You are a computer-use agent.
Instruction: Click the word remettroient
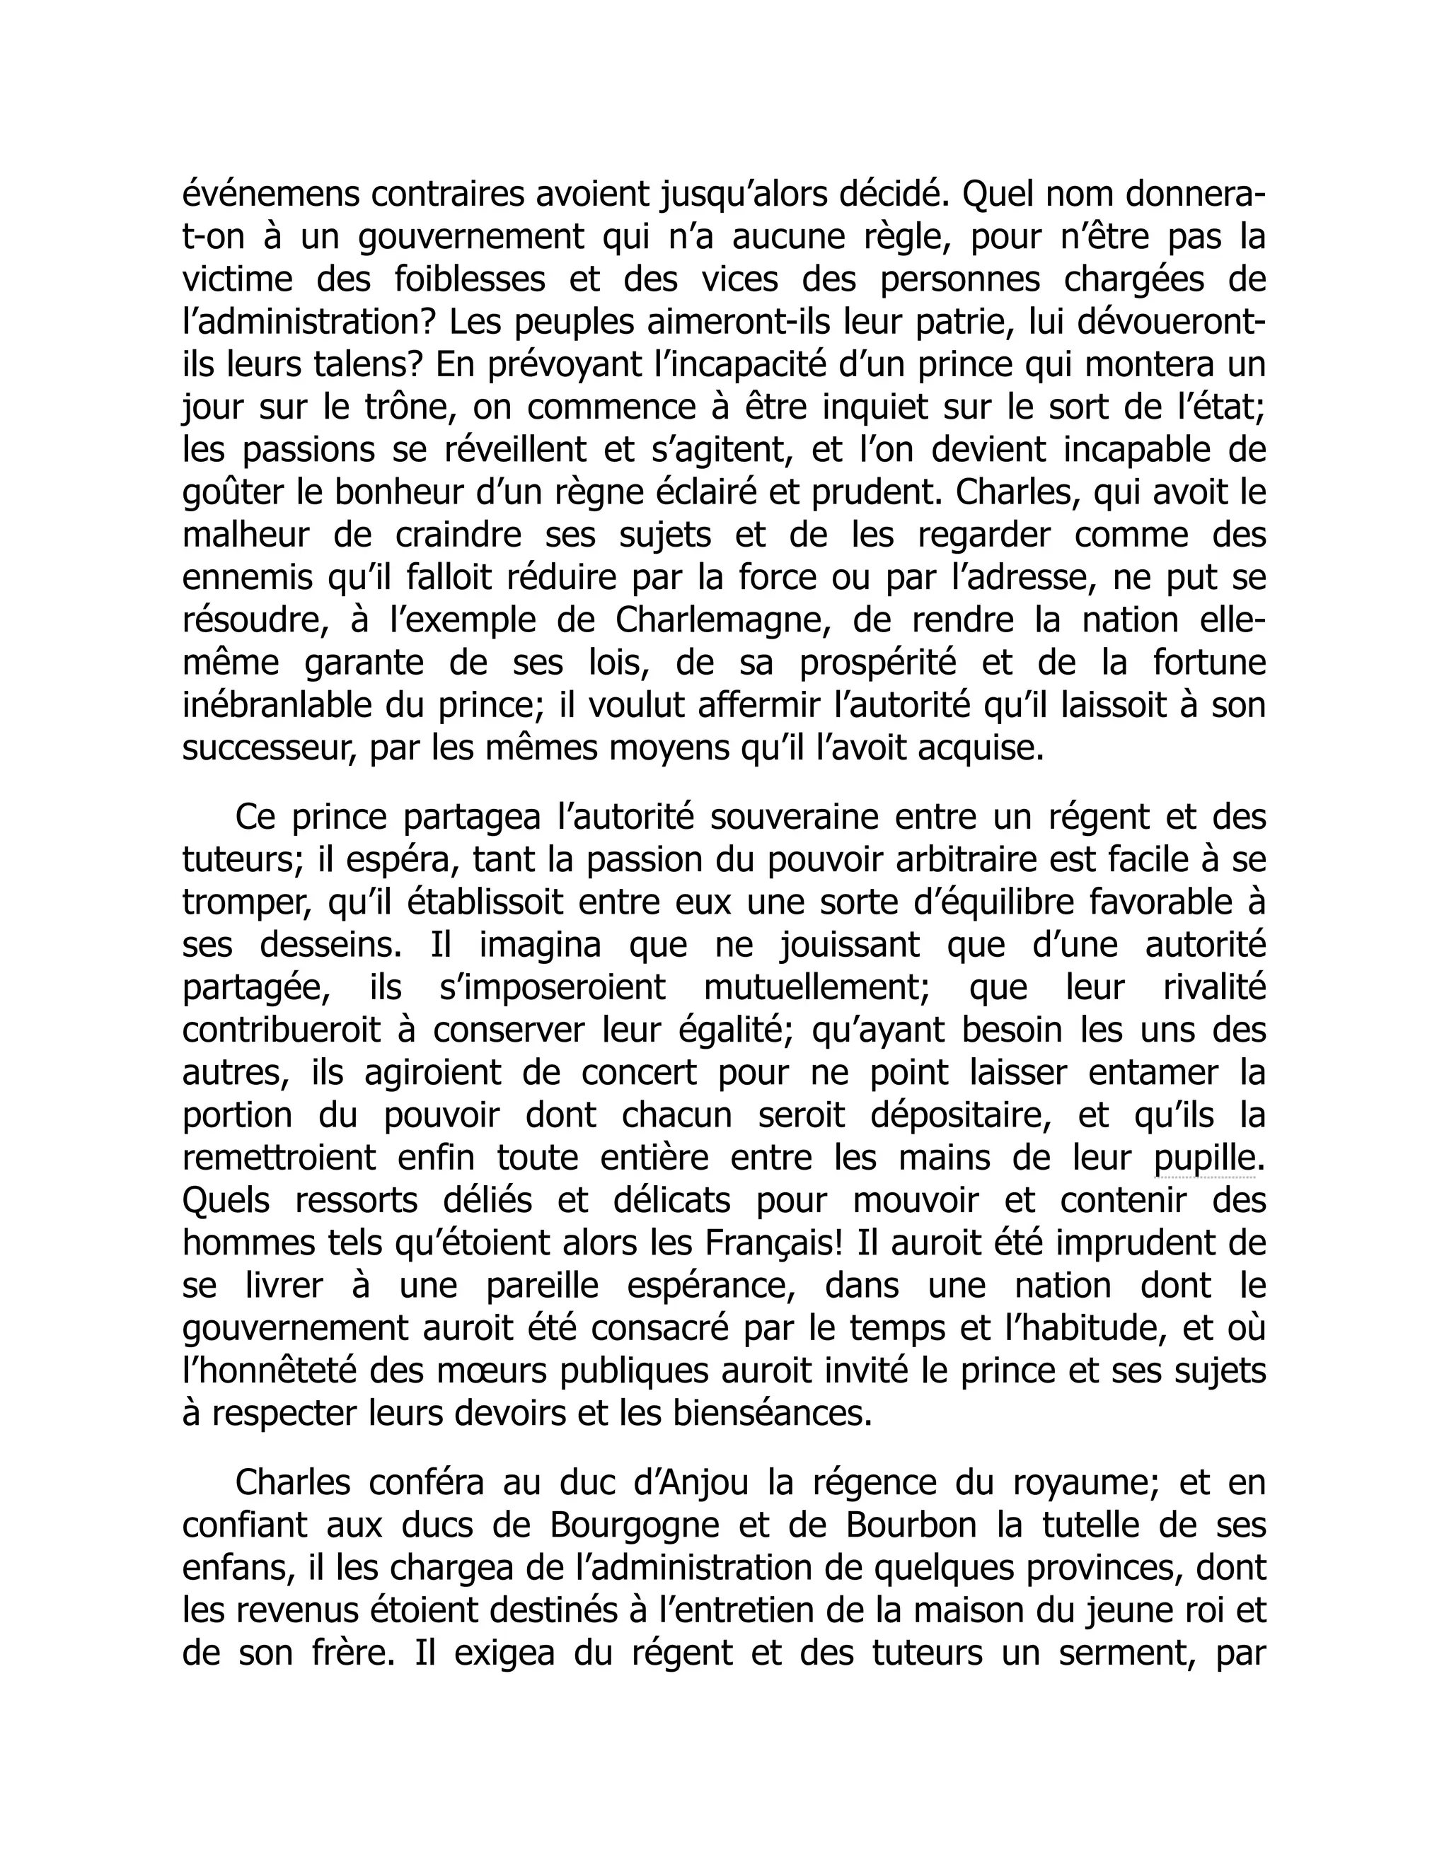click(280, 1158)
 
